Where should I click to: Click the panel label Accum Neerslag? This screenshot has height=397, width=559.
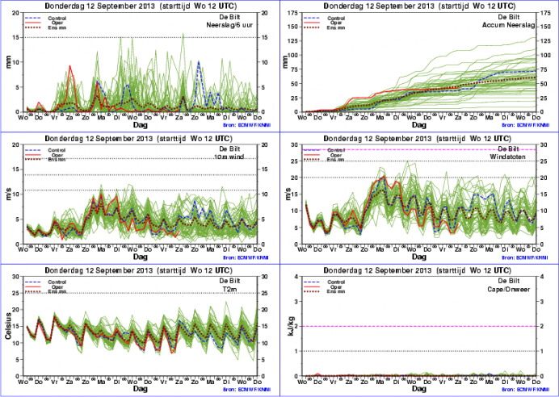point(511,23)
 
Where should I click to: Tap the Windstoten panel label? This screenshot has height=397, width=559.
point(516,156)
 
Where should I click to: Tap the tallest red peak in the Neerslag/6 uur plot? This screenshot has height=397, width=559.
point(70,66)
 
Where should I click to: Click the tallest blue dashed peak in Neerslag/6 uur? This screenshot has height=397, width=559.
point(199,61)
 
